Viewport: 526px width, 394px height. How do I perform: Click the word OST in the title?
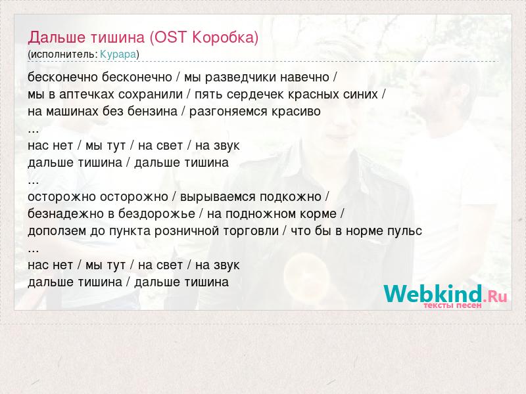click(170, 37)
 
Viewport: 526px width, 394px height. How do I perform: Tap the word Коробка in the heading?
click(223, 37)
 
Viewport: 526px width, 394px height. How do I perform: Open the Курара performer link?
click(118, 55)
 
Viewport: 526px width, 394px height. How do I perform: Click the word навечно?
click(304, 77)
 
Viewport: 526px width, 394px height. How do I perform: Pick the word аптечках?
click(87, 95)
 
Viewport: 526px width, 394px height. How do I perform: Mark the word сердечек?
click(256, 95)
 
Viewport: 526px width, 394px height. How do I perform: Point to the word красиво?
click(296, 112)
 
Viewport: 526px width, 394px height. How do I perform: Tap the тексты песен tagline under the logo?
click(452, 305)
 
